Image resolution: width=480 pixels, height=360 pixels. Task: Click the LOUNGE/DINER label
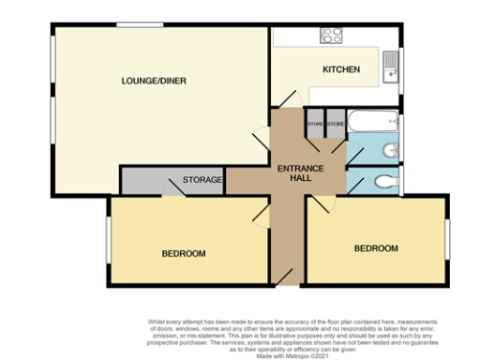(x=154, y=82)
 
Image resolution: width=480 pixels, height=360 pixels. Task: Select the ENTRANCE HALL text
(x=301, y=174)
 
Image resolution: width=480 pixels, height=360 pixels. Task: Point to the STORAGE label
(x=202, y=180)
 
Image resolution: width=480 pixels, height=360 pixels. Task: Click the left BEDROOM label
(x=184, y=253)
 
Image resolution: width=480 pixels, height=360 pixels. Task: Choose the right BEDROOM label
(x=376, y=248)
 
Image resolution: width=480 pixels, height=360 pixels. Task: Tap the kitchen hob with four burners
(x=332, y=36)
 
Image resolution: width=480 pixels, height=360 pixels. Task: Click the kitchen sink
(x=395, y=64)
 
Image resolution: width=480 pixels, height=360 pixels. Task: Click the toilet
(x=383, y=181)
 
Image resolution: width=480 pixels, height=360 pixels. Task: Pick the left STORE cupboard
(x=315, y=124)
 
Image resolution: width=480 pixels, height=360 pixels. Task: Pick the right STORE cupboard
(x=336, y=124)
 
